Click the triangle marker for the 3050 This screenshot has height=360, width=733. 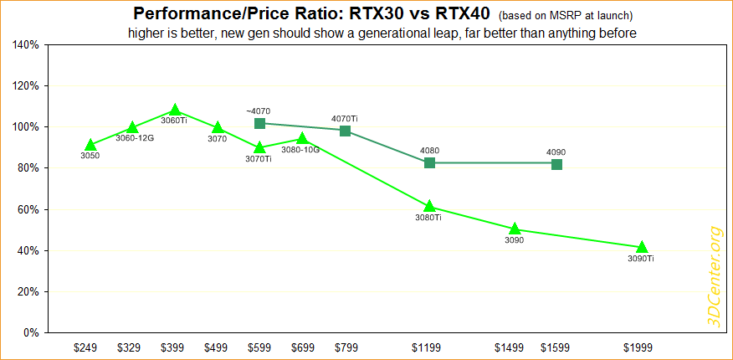coord(90,146)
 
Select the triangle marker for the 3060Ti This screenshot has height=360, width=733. coord(175,111)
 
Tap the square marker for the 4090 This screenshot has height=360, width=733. coord(556,164)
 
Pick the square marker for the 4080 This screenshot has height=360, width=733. coord(429,162)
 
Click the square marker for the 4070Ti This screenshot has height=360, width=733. coord(345,131)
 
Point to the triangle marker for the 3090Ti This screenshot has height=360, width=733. coord(641,247)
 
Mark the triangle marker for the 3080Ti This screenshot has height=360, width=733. coord(429,207)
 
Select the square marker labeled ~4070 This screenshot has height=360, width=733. coord(259,123)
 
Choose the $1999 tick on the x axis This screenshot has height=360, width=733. coord(641,346)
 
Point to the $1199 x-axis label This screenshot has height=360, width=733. coord(429,346)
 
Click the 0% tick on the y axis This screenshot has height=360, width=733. coord(31,333)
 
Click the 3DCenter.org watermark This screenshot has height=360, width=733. coord(713,277)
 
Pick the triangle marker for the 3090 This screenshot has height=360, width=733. coord(515,229)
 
